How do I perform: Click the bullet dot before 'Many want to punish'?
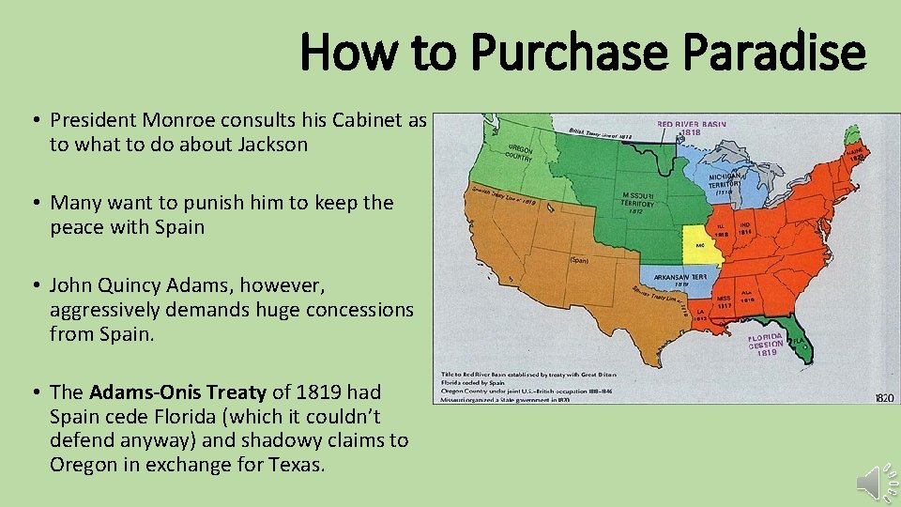pos(35,203)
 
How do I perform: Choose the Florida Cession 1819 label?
pos(766,344)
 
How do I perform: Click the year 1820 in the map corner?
pos(884,398)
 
